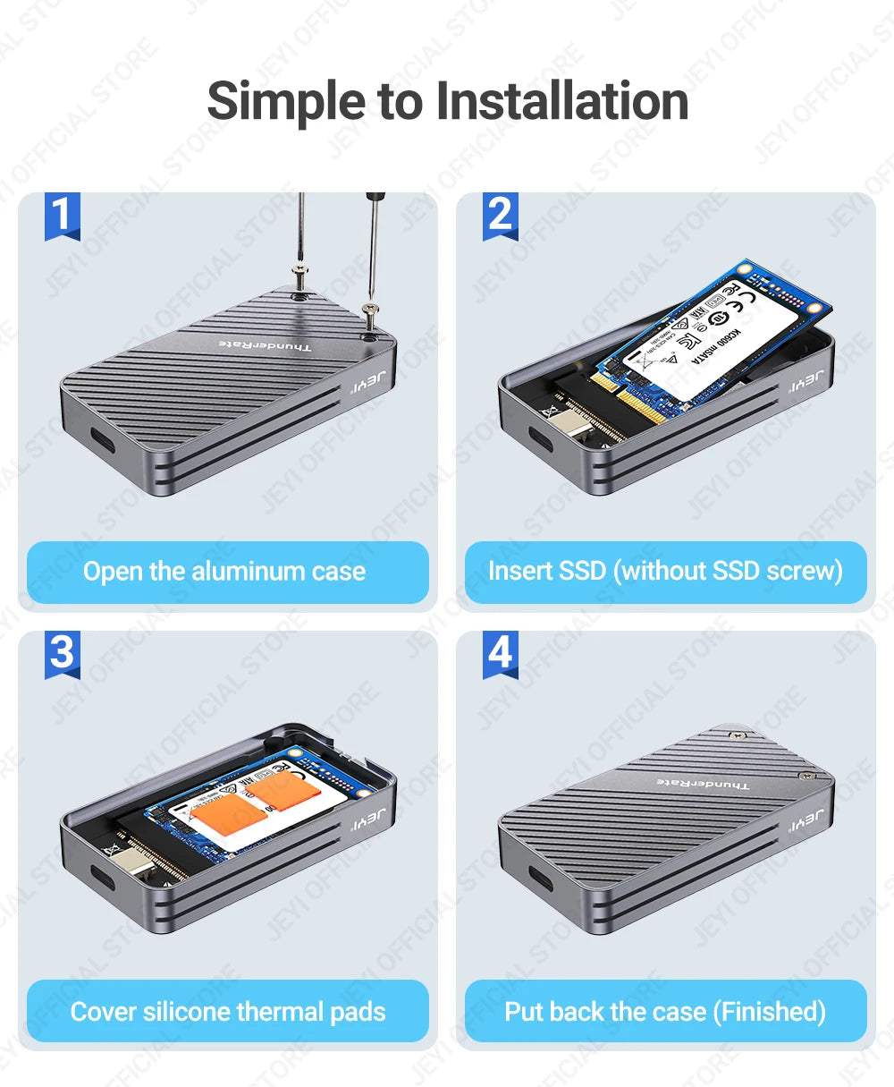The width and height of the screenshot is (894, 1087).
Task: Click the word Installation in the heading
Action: [x=562, y=101]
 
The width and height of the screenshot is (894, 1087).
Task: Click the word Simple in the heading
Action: [x=286, y=101]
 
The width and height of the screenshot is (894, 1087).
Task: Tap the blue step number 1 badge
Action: [x=62, y=216]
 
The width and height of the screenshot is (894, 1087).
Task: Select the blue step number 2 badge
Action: [x=501, y=216]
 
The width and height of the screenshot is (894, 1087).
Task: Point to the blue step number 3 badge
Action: [x=62, y=653]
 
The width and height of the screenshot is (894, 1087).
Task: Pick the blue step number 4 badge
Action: [x=501, y=653]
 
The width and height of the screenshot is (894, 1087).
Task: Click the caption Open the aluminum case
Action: [x=224, y=572]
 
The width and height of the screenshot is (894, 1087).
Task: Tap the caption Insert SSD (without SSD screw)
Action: [x=665, y=571]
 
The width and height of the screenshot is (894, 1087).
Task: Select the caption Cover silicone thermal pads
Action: [x=228, y=1012]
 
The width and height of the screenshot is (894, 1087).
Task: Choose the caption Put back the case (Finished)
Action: [x=665, y=1012]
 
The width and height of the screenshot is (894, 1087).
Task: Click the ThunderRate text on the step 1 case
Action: [x=266, y=345]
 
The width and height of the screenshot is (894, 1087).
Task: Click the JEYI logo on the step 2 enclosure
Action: [x=805, y=384]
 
